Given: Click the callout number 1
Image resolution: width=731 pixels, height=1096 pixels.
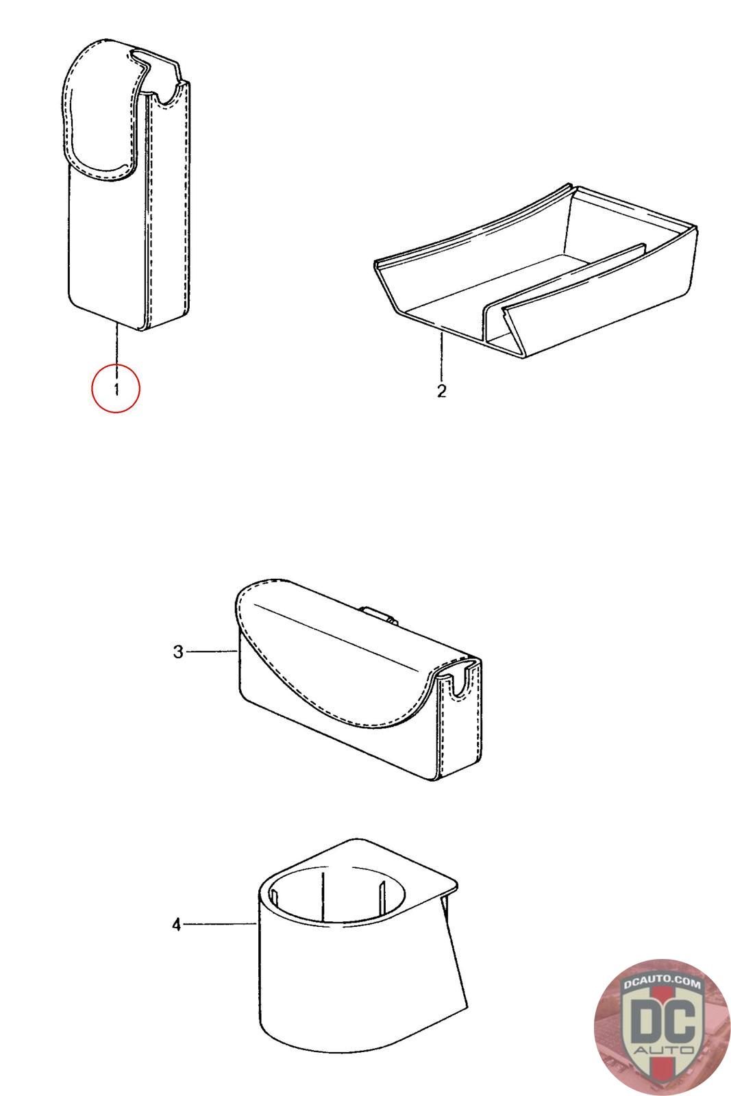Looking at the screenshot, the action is tap(116, 390).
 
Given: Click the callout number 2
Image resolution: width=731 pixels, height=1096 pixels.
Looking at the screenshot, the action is tap(441, 391).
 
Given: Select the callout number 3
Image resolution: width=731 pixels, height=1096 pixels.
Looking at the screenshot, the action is tap(178, 652).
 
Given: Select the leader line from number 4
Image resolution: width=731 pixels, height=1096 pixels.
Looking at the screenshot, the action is tap(220, 924).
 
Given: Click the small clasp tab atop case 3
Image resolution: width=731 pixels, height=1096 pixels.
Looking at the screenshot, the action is tap(379, 616).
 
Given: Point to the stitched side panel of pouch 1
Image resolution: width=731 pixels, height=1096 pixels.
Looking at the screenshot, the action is tap(166, 206).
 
